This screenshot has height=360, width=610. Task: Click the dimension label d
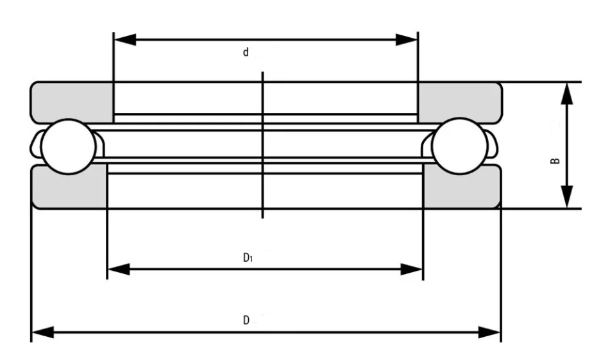click(246, 52)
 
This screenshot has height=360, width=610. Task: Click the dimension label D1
click(248, 257)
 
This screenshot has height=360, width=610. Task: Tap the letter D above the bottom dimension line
click(246, 320)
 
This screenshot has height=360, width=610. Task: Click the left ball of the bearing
click(69, 146)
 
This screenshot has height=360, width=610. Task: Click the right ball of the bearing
click(460, 146)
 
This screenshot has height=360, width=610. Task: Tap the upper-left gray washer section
click(72, 102)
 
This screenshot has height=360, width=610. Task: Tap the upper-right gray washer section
click(459, 102)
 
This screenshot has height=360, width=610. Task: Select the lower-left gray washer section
click(69, 187)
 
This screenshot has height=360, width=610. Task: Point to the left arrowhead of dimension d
click(125, 39)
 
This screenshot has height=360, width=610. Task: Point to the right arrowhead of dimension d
click(406, 39)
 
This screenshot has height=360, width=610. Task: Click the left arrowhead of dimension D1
click(119, 269)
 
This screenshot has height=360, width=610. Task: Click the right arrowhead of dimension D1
click(411, 269)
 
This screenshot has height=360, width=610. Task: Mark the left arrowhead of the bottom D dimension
click(43, 332)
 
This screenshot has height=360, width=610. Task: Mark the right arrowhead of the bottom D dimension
click(489, 332)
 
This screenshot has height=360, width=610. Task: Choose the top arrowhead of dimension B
click(567, 94)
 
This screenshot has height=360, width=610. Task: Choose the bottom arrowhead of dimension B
click(567, 197)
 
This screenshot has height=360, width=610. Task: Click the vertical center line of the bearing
click(263, 145)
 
